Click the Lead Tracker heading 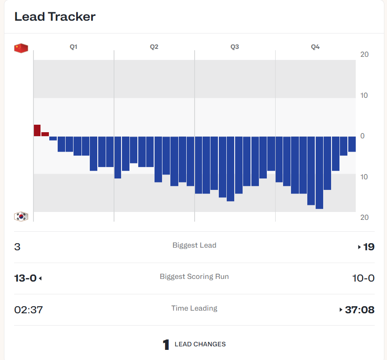[55, 17]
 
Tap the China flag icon [21, 48]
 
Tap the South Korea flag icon [21, 216]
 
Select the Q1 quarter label [74, 47]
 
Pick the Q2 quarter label [154, 47]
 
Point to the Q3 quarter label [235, 47]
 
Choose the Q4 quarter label [315, 47]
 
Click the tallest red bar [37, 130]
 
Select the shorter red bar [45, 134]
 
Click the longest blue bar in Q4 [319, 172]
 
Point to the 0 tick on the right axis [362, 136]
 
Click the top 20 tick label [364, 54]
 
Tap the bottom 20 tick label [364, 217]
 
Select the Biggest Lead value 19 [369, 247]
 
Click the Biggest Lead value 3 [17, 247]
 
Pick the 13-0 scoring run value [26, 278]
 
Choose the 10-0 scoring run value [363, 278]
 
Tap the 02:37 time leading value [29, 310]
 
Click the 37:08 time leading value [360, 310]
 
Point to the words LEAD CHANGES [200, 344]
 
